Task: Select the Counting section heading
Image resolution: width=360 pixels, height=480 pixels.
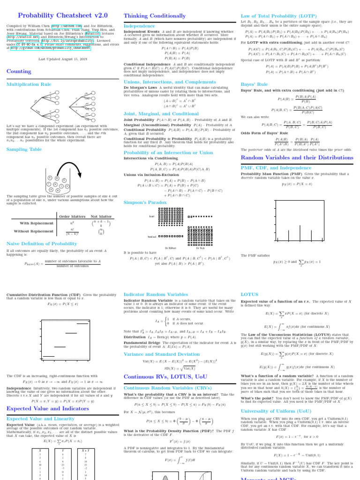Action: [x=19, y=71]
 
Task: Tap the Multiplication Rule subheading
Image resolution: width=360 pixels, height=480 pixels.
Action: [x=29, y=84]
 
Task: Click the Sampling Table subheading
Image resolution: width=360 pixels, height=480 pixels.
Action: [x=24, y=150]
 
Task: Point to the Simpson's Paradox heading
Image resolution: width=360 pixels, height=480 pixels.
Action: [x=146, y=202]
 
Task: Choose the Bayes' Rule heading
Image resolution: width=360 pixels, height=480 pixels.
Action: [x=254, y=84]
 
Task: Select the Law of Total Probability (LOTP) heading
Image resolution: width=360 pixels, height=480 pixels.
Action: [x=278, y=16]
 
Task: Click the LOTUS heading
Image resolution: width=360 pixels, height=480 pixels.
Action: [x=249, y=294]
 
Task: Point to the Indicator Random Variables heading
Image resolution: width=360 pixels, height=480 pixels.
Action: [x=156, y=294]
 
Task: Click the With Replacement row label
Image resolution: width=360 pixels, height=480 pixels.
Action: [x=36, y=223]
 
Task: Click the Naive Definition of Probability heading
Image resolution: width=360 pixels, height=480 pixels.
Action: [x=42, y=244]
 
